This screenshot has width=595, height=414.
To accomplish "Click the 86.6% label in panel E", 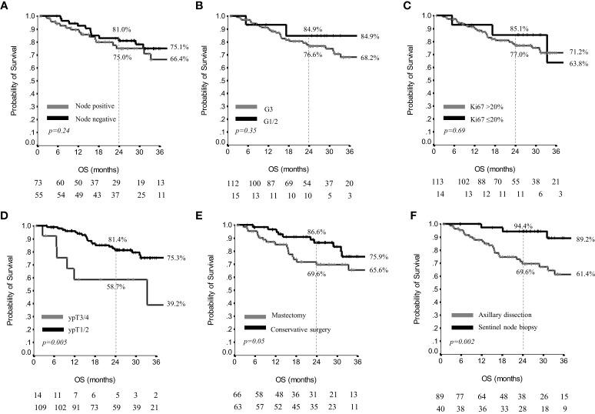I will pos(318,231).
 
